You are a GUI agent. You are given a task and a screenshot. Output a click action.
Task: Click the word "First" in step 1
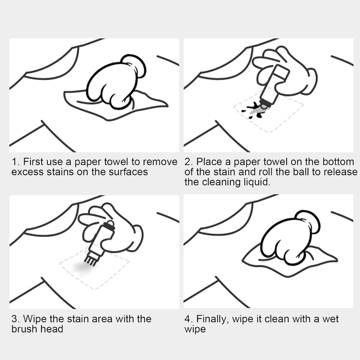pos(33,162)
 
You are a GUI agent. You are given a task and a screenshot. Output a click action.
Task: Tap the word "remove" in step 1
pos(160,162)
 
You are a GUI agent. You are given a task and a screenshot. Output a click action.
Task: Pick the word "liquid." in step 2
pos(256,182)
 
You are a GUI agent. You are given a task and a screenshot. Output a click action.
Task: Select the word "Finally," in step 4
pos(213,319)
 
